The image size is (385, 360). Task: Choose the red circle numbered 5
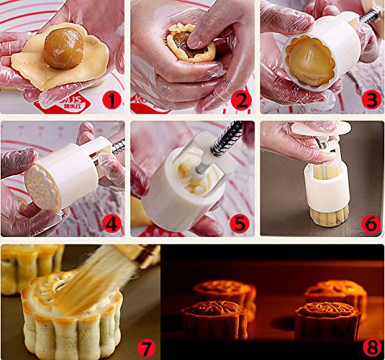pyautogui.click(x=240, y=223)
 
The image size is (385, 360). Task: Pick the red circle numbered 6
pyautogui.click(x=371, y=223)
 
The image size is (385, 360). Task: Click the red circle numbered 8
pyautogui.click(x=372, y=347)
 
